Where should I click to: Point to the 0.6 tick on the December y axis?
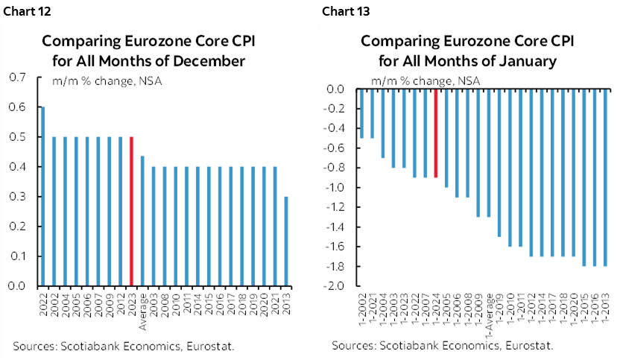[x=15, y=107]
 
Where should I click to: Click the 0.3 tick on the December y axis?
[x=15, y=197]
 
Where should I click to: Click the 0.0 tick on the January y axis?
[x=337, y=89]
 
